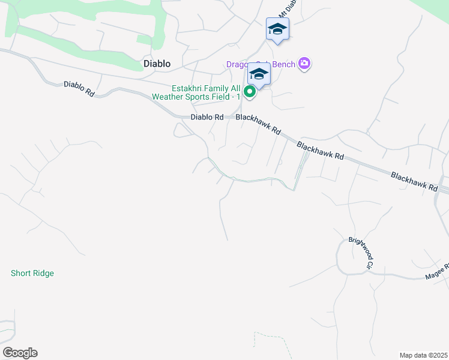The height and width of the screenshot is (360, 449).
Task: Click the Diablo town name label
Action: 157,63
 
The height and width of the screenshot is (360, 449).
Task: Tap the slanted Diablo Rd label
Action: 79,89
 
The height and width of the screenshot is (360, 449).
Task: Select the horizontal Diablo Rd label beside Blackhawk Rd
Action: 206,117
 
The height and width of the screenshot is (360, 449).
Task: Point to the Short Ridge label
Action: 32,273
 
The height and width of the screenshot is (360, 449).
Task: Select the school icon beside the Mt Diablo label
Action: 277,29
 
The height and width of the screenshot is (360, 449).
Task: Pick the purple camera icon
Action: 304,64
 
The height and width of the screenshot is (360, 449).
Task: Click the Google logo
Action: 20,353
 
